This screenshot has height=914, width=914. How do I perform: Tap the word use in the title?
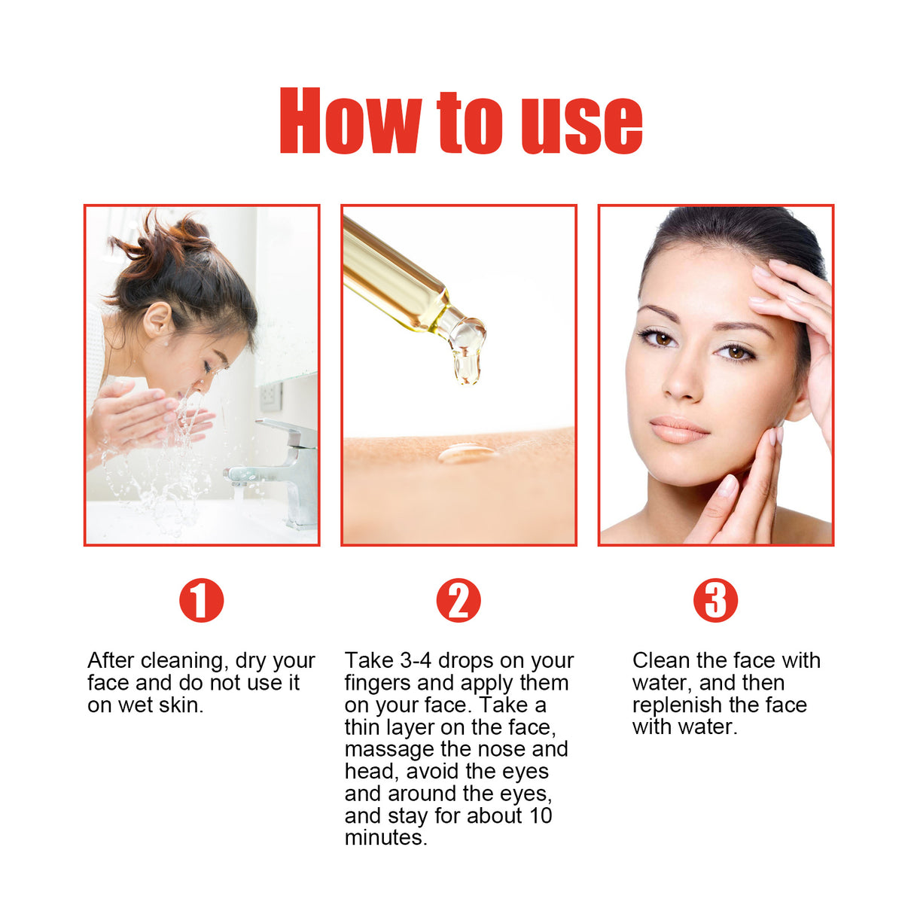pyautogui.click(x=581, y=125)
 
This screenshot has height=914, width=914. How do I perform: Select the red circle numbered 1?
pyautogui.click(x=201, y=601)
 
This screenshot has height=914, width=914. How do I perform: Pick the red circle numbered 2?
pyautogui.click(x=458, y=601)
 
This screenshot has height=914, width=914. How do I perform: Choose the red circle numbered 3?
pyautogui.click(x=715, y=601)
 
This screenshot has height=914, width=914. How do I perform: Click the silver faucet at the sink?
pyautogui.click(x=286, y=467)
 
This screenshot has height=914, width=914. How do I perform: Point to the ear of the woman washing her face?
pyautogui.click(x=159, y=319)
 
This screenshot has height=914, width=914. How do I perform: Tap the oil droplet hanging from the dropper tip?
pyautogui.click(x=467, y=365)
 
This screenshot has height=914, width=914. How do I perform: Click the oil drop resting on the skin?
pyautogui.click(x=467, y=453)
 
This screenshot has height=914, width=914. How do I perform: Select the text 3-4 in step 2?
pyautogui.click(x=415, y=661)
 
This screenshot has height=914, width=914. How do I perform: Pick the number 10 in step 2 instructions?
pyautogui.click(x=540, y=815)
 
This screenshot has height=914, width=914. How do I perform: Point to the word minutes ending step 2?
pyautogui.click(x=385, y=838)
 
